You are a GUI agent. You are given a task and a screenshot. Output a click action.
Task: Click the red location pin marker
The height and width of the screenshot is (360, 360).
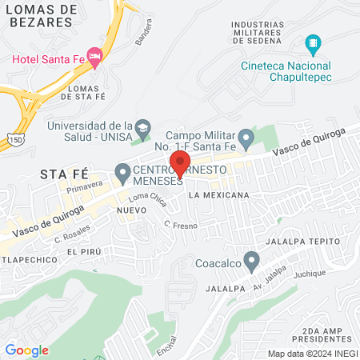pos(178,165)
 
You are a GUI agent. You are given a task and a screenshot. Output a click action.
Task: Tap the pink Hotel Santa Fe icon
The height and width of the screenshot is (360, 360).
pos(95,56)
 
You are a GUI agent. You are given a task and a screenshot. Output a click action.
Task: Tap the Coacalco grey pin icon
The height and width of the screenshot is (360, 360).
pos(252,261)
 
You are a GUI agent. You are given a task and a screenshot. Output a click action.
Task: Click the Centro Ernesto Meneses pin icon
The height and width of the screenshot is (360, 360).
pos(122,171)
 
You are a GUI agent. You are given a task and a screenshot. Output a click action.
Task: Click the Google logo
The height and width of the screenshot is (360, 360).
pos(26,350)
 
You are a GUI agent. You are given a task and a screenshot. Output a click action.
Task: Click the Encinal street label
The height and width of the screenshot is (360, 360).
pos(166,346)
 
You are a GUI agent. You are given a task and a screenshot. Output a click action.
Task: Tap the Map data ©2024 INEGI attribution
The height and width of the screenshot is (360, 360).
pos(312,354)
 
